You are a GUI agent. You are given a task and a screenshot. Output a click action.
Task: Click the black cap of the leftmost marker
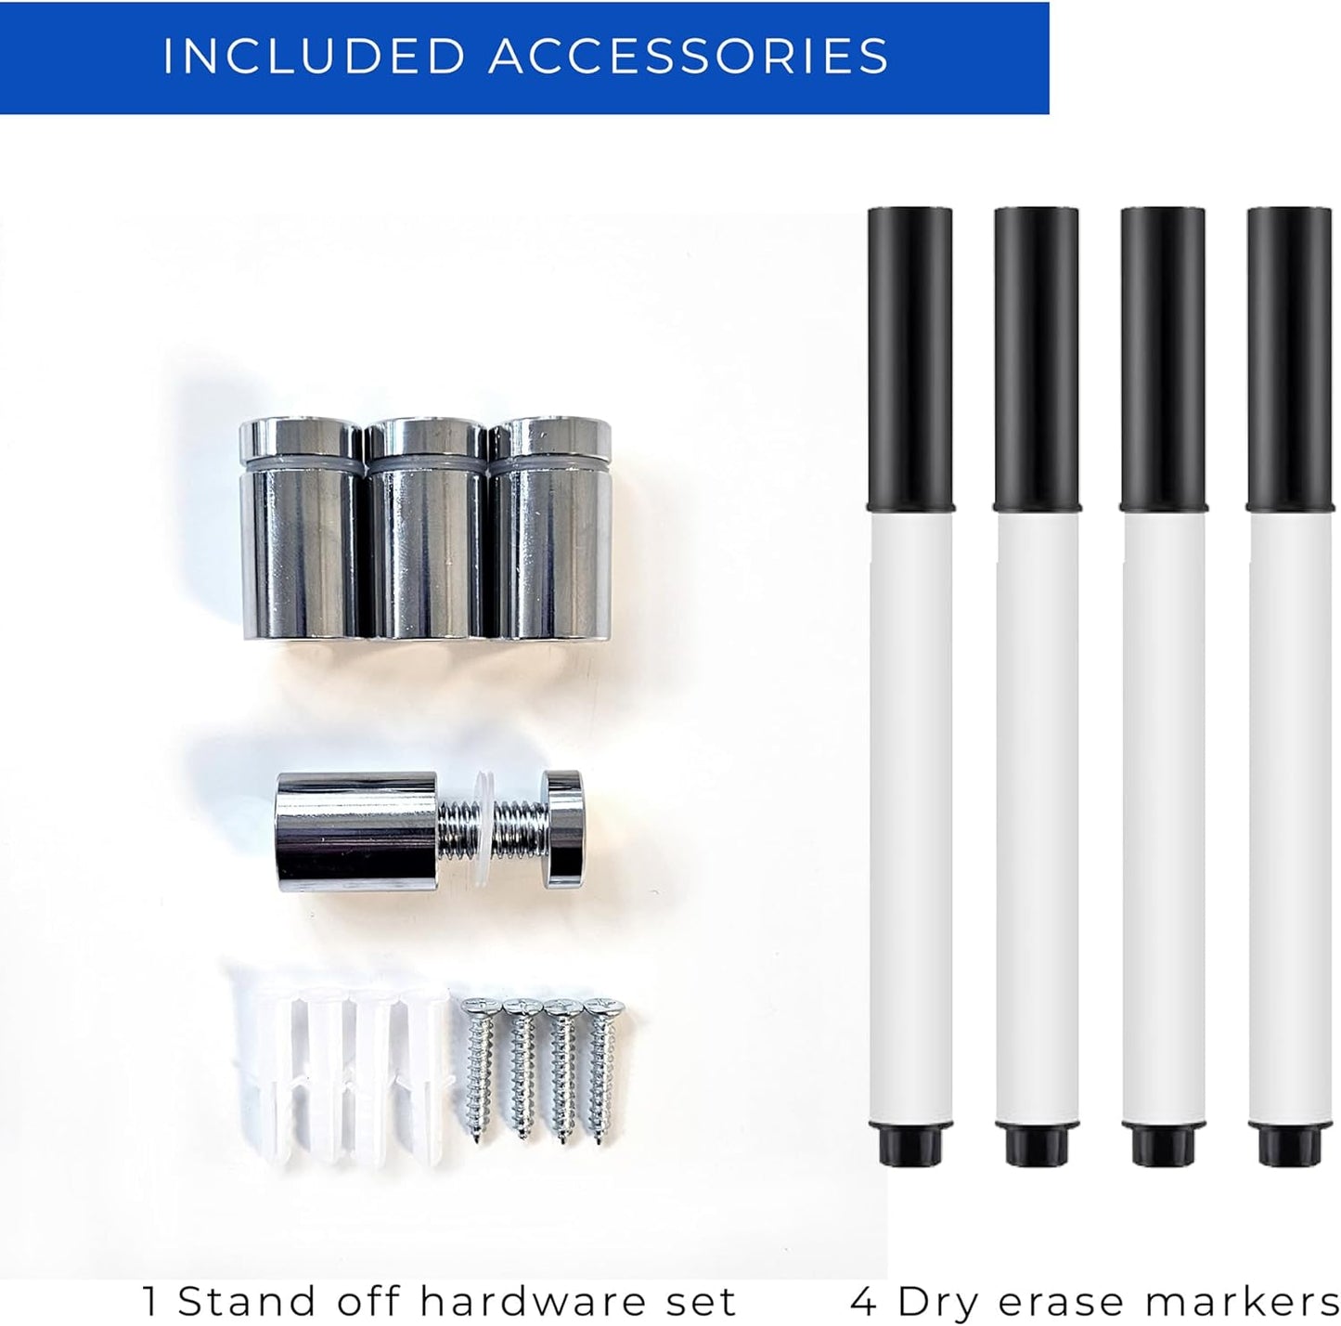tap(910, 358)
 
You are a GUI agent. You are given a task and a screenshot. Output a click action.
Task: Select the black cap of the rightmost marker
tap(1290, 358)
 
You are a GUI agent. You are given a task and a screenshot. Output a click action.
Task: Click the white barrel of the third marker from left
tap(1164, 818)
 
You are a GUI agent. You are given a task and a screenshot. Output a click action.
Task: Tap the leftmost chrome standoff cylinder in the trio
tap(302, 527)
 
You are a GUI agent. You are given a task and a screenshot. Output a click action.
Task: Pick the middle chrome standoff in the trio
tap(426, 527)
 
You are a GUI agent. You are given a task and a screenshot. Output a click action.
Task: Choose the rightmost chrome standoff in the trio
tap(549, 527)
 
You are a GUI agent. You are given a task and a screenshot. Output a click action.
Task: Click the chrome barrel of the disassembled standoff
tap(357, 831)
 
